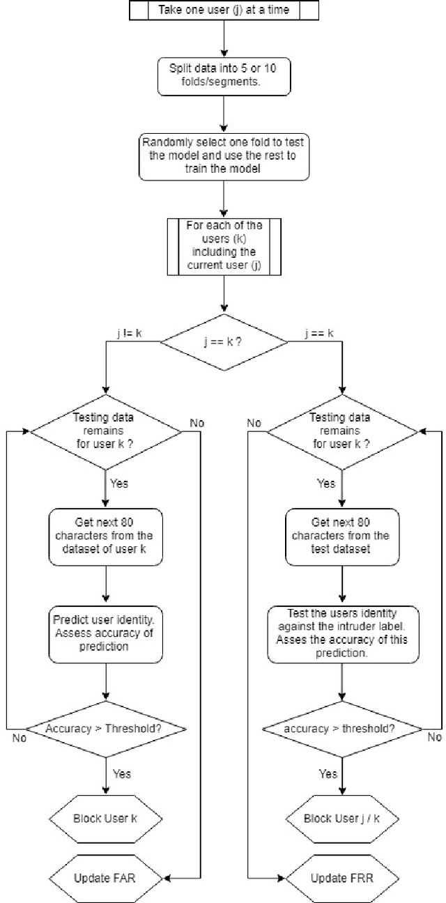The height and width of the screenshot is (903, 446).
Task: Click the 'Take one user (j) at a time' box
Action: [223, 11]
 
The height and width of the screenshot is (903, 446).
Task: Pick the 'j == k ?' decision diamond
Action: [224, 341]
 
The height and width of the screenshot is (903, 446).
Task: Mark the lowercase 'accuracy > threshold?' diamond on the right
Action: [342, 729]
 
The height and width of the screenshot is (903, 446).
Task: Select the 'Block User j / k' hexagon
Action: [342, 818]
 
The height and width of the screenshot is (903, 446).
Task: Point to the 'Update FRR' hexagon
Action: [342, 877]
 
